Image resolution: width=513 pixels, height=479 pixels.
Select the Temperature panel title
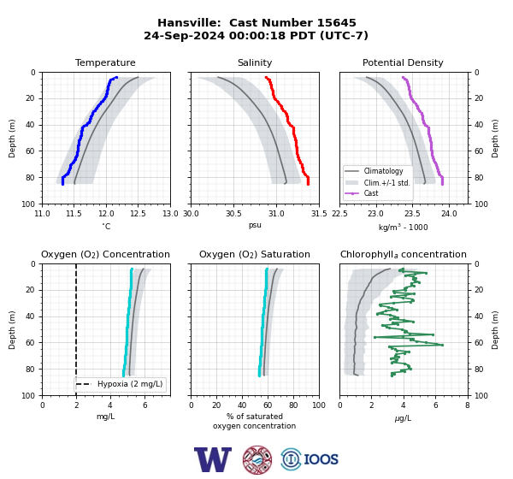coord(105,62)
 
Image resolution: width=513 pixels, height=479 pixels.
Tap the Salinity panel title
coord(255,62)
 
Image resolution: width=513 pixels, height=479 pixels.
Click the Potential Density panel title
coord(403,62)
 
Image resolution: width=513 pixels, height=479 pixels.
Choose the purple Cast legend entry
coord(362,193)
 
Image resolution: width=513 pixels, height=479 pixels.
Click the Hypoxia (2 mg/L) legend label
coord(130,384)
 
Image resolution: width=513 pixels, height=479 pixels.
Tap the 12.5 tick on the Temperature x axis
coord(138,214)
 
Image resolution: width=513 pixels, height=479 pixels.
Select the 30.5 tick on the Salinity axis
coord(233,214)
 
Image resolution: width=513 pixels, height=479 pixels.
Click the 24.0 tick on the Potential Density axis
coord(449,214)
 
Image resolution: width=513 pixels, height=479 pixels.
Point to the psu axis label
coord(255,225)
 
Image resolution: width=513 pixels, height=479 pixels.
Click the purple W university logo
coord(213,459)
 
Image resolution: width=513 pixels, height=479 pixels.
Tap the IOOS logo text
coord(321,459)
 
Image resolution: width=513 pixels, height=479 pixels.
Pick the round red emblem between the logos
coord(257,459)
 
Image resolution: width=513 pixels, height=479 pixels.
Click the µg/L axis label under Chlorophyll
coord(403,418)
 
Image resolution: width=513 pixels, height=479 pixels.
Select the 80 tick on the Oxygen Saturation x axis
coord(293,405)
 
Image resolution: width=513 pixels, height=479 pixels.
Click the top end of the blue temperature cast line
coord(116,78)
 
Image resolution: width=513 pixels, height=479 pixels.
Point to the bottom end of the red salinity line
coord(308,185)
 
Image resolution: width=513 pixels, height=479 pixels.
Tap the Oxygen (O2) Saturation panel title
coord(255,254)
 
